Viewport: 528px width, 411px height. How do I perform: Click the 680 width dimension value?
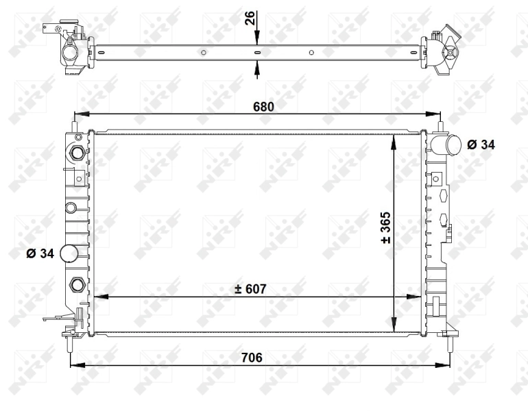point(263,106)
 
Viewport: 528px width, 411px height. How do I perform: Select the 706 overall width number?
point(252,357)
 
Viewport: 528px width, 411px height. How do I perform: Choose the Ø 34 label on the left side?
point(40,253)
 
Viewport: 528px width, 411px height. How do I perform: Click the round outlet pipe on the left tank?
point(70,253)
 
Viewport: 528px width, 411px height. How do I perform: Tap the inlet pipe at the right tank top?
point(446,145)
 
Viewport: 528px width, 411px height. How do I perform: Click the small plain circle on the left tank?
point(70,207)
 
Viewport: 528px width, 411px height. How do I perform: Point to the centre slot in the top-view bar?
point(257,51)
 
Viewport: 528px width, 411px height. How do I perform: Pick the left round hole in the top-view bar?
point(203,51)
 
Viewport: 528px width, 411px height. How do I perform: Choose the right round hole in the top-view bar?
point(311,51)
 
